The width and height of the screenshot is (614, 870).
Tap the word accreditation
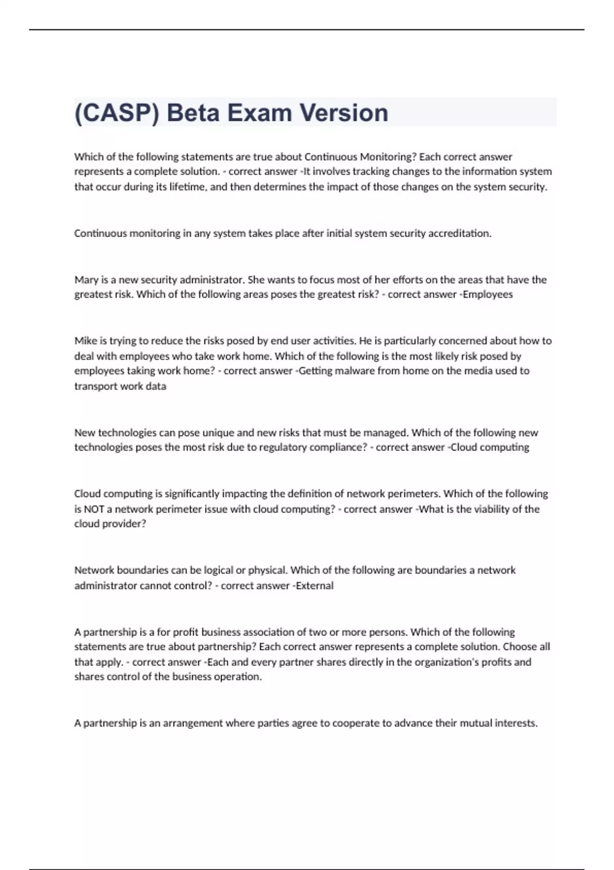pos(459,233)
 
